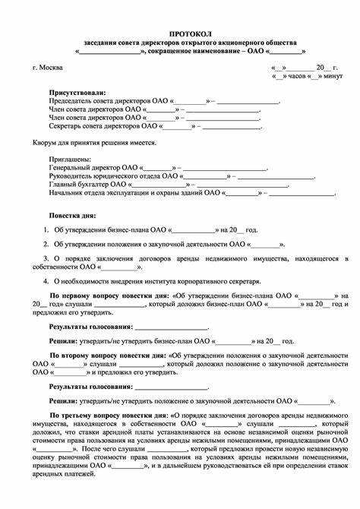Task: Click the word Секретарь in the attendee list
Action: (x=68, y=126)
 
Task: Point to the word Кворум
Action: (x=46, y=143)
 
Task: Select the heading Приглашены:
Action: (x=69, y=159)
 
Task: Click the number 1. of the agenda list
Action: (x=46, y=229)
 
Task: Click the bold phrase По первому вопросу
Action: (x=84, y=295)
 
